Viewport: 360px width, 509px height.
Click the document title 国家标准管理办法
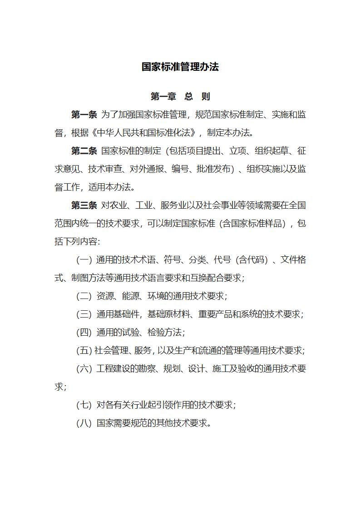(x=180, y=67)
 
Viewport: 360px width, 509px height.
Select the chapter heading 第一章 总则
(x=180, y=97)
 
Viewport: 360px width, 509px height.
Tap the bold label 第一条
(x=84, y=115)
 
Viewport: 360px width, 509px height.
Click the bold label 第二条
(x=84, y=151)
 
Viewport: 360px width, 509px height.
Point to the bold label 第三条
(x=84, y=206)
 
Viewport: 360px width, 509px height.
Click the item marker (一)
(x=84, y=260)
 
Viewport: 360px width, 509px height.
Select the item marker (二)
(x=84, y=296)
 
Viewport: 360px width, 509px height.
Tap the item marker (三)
(x=84, y=314)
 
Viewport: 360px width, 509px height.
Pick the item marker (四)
(x=84, y=333)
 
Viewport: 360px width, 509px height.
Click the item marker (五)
(x=84, y=351)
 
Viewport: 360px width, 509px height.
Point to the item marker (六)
(x=84, y=369)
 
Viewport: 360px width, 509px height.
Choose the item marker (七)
(x=84, y=405)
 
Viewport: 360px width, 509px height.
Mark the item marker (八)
(x=84, y=423)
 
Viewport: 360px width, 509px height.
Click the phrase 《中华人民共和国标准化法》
(x=145, y=133)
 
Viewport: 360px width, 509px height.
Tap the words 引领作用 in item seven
(x=182, y=405)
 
